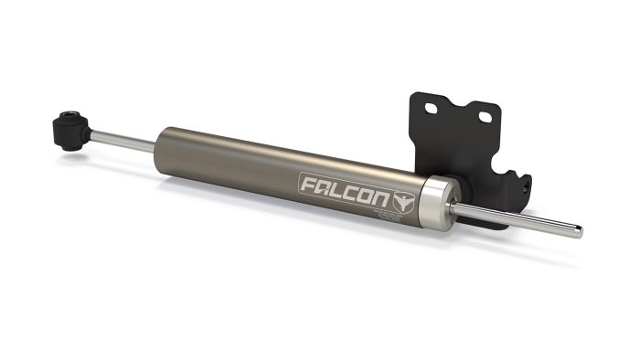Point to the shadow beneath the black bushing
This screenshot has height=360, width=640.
click(x=78, y=156)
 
